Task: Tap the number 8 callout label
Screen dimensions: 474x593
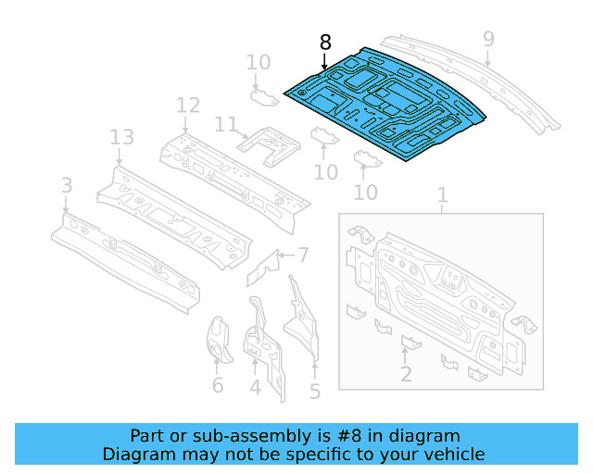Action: pos(324,43)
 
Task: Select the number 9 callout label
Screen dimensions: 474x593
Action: pos(488,39)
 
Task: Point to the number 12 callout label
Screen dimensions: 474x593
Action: pos(188,105)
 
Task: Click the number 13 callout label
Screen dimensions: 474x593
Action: pos(121,138)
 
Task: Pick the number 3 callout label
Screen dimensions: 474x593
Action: pos(67,186)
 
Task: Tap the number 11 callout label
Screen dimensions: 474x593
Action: pos(226,125)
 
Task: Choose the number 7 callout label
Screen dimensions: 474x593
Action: pos(303,255)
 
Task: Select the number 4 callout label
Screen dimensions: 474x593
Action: pos(255,389)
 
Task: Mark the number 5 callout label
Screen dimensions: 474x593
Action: pos(315,392)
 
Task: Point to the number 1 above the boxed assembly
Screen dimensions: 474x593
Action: pos(442,194)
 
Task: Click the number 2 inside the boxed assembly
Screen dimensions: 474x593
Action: pos(406,374)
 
